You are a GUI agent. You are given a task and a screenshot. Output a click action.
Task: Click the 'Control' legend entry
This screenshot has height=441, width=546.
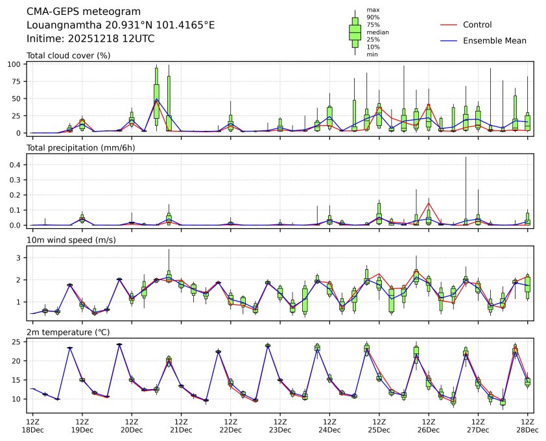477,25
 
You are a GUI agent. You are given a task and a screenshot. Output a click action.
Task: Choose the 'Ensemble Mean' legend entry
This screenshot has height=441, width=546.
494,40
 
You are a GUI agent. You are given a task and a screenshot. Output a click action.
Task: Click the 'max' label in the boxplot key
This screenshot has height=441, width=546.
372,10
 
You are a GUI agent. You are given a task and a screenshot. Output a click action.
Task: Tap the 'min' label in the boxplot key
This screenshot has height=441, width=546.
372,54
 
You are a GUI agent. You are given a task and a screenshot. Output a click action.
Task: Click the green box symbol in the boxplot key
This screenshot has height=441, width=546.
355,31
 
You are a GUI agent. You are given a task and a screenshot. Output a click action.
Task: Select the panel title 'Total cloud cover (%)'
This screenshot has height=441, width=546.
68,55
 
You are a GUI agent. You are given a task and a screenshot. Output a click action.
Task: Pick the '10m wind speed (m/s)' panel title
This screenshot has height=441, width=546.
68,240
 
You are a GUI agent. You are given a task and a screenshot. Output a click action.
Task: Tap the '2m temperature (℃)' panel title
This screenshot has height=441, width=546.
64,332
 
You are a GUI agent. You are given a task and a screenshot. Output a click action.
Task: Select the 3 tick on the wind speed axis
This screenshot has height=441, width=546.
20,257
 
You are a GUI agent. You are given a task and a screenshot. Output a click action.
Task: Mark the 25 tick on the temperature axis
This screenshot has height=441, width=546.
19,341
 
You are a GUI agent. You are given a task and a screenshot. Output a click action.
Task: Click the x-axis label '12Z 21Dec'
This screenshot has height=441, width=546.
181,425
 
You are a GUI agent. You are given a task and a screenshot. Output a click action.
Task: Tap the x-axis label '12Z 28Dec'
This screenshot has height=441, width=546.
527,425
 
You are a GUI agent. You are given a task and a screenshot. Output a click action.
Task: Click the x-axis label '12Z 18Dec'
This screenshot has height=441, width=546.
33,425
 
